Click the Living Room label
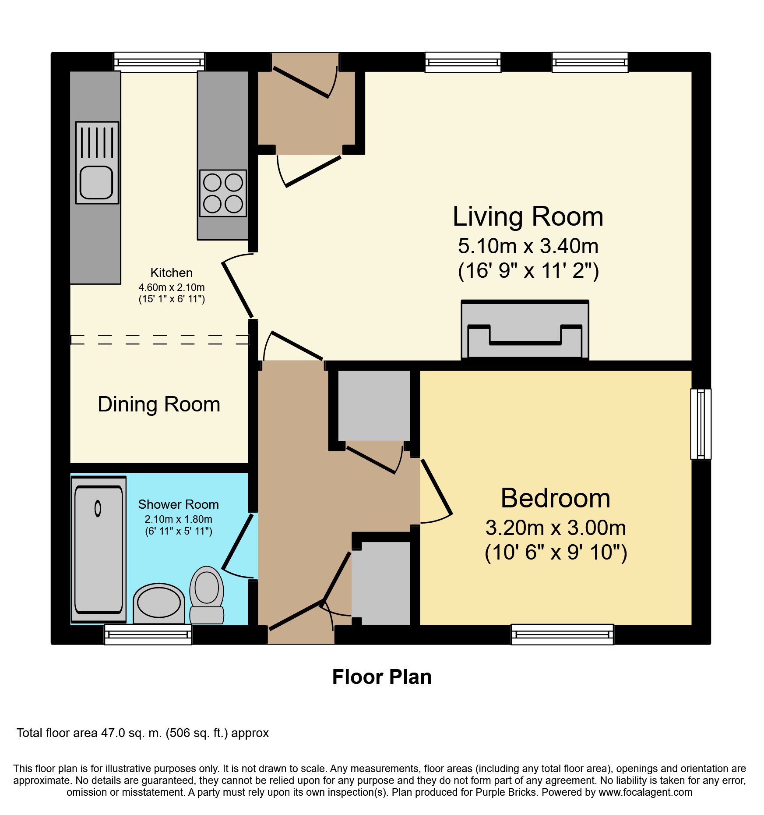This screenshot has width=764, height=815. pos(528,216)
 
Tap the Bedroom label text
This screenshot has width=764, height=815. pos(556,498)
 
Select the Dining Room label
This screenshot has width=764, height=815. pos(159,404)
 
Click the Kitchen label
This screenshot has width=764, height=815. pos(172,273)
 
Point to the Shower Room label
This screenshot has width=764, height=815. pos(179,504)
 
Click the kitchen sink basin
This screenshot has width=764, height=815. pos(96,183)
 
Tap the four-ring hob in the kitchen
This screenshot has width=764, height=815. pos(223,193)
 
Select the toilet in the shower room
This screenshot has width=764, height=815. pos(207,595)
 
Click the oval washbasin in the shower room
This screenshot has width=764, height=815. pos(159,603)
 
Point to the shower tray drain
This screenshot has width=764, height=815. pos(98,508)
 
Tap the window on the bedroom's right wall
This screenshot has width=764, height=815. pos(701,424)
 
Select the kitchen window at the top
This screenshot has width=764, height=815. pos(159,62)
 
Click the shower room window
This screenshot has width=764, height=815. pos(148,634)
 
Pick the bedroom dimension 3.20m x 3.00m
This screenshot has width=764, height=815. pos(556,528)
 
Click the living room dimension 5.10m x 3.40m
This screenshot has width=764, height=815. pos(528,246)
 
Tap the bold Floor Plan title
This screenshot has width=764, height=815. pos(382,677)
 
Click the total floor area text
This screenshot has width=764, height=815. pos(143,733)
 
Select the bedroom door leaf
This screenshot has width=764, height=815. pos(437,486)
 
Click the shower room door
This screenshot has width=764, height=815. pos(238,542)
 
